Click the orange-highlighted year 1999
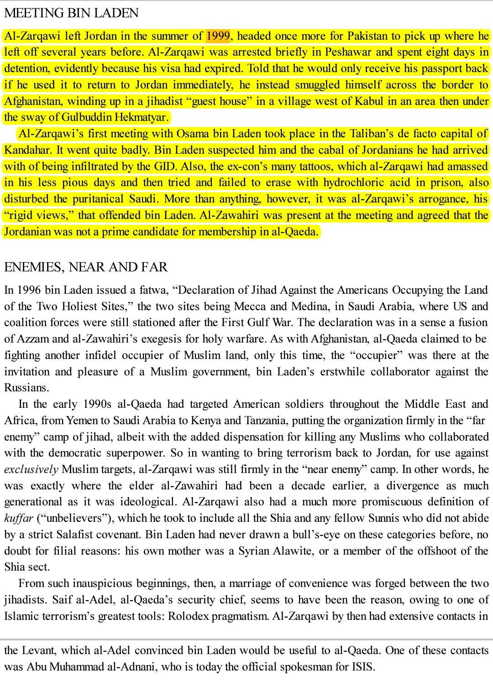pyautogui.click(x=218, y=36)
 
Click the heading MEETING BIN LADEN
pyautogui.click(x=71, y=13)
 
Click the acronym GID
pyautogui.click(x=165, y=166)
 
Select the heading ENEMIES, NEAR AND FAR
pyautogui.click(x=86, y=267)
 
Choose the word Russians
pyautogui.click(x=26, y=388)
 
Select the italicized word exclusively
pyautogui.click(x=31, y=469)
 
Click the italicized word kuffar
pyautogui.click(x=19, y=518)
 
